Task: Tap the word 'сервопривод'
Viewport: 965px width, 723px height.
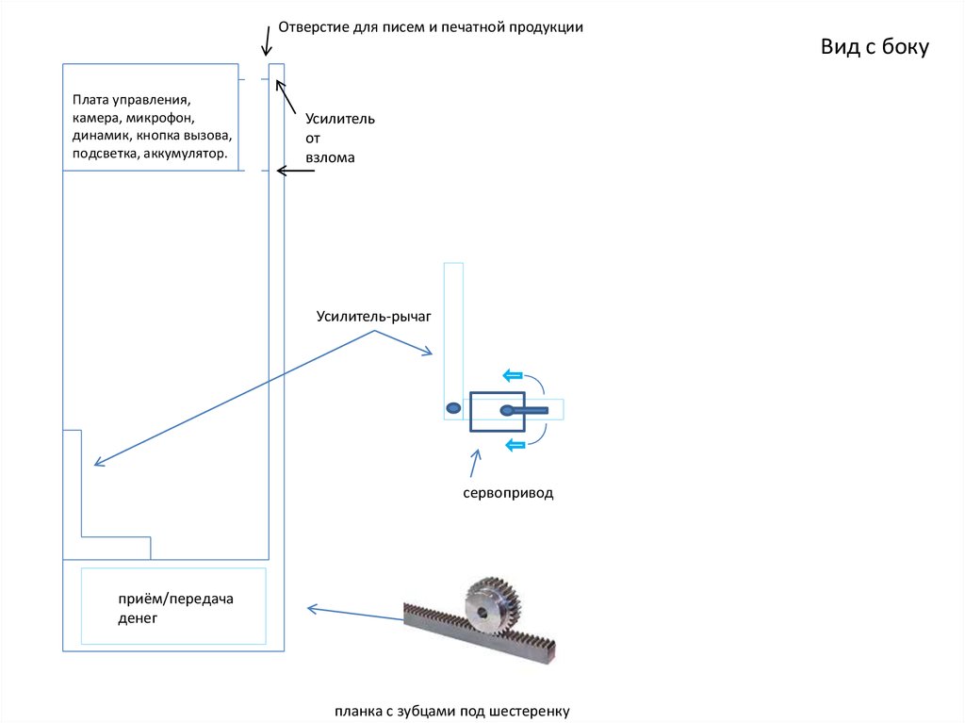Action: [507, 493]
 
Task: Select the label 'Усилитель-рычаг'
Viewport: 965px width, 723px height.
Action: [373, 317]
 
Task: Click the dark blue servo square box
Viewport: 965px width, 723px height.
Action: [498, 411]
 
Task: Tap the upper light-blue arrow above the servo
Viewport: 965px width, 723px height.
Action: [513, 375]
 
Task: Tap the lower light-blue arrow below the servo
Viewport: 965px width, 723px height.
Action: [515, 444]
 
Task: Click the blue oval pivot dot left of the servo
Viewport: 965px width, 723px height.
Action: [453, 408]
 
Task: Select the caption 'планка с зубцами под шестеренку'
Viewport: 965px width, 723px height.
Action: [451, 711]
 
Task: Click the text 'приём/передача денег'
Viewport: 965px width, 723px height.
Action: [175, 609]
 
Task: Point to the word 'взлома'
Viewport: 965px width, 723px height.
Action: [329, 157]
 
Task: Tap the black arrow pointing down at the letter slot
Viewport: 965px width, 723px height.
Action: [267, 40]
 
